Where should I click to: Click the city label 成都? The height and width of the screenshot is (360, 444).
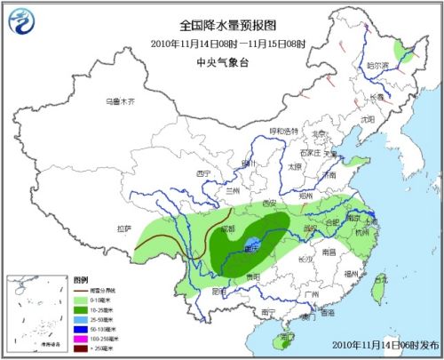[x=229, y=229]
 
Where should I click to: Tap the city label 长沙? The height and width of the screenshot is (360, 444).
[x=304, y=260]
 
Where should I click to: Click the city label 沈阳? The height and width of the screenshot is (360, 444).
[x=366, y=116]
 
